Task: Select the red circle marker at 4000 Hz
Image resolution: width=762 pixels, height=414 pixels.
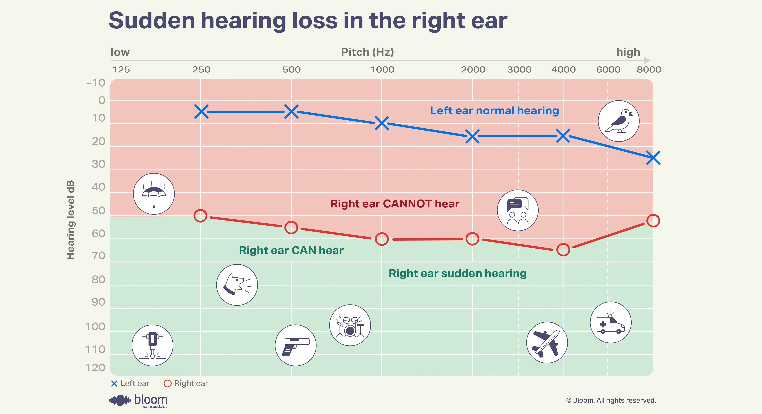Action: (563, 250)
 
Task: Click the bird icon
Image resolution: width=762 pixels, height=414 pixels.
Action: (619, 121)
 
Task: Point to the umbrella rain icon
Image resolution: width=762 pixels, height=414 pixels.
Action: (154, 194)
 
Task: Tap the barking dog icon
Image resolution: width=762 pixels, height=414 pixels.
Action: (237, 285)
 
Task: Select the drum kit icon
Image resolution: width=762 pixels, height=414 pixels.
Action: (350, 325)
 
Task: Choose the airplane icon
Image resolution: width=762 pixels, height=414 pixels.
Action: (547, 342)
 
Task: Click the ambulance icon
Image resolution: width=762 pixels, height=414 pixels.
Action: (611, 322)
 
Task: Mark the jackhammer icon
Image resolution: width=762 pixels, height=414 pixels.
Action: (152, 345)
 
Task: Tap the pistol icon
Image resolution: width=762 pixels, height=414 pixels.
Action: (295, 345)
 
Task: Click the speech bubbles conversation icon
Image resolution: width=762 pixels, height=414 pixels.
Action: (518, 210)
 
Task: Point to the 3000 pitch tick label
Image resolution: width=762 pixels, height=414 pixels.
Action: (519, 70)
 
